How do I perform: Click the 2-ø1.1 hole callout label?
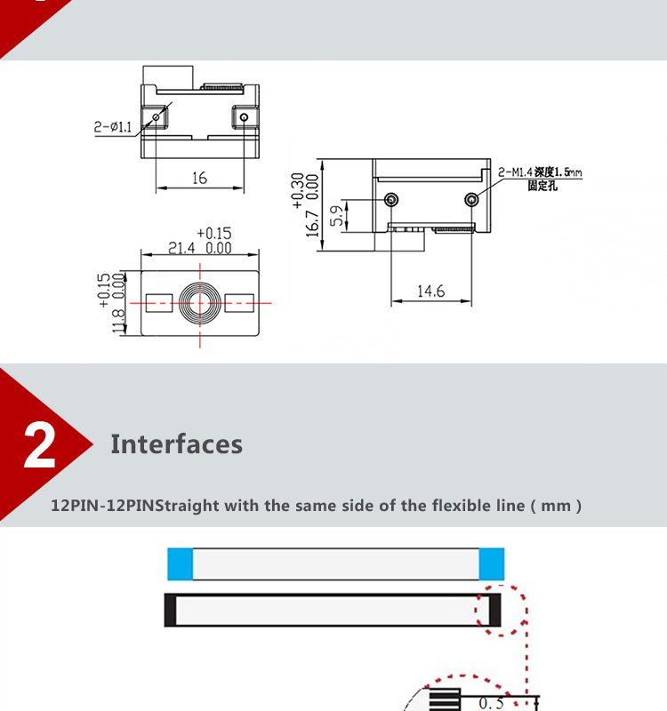coord(113,127)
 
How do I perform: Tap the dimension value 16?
coord(199,178)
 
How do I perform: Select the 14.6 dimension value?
coord(430,292)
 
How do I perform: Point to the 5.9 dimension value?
coord(337,216)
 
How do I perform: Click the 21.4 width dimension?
coord(181,249)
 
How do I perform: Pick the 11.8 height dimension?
coord(118,321)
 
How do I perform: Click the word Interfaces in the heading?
coord(176,443)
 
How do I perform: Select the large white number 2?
coord(40,445)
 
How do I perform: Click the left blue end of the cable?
coord(181,564)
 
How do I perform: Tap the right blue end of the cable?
coord(492,564)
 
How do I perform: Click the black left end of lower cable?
coord(170,611)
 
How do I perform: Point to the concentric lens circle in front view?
coord(200,303)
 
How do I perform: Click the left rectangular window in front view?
coord(159,303)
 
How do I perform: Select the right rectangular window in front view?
coord(239,303)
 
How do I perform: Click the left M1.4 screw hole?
coord(391,199)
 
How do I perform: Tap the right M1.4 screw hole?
coord(472,199)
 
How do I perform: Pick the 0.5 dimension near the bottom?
coord(491,703)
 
